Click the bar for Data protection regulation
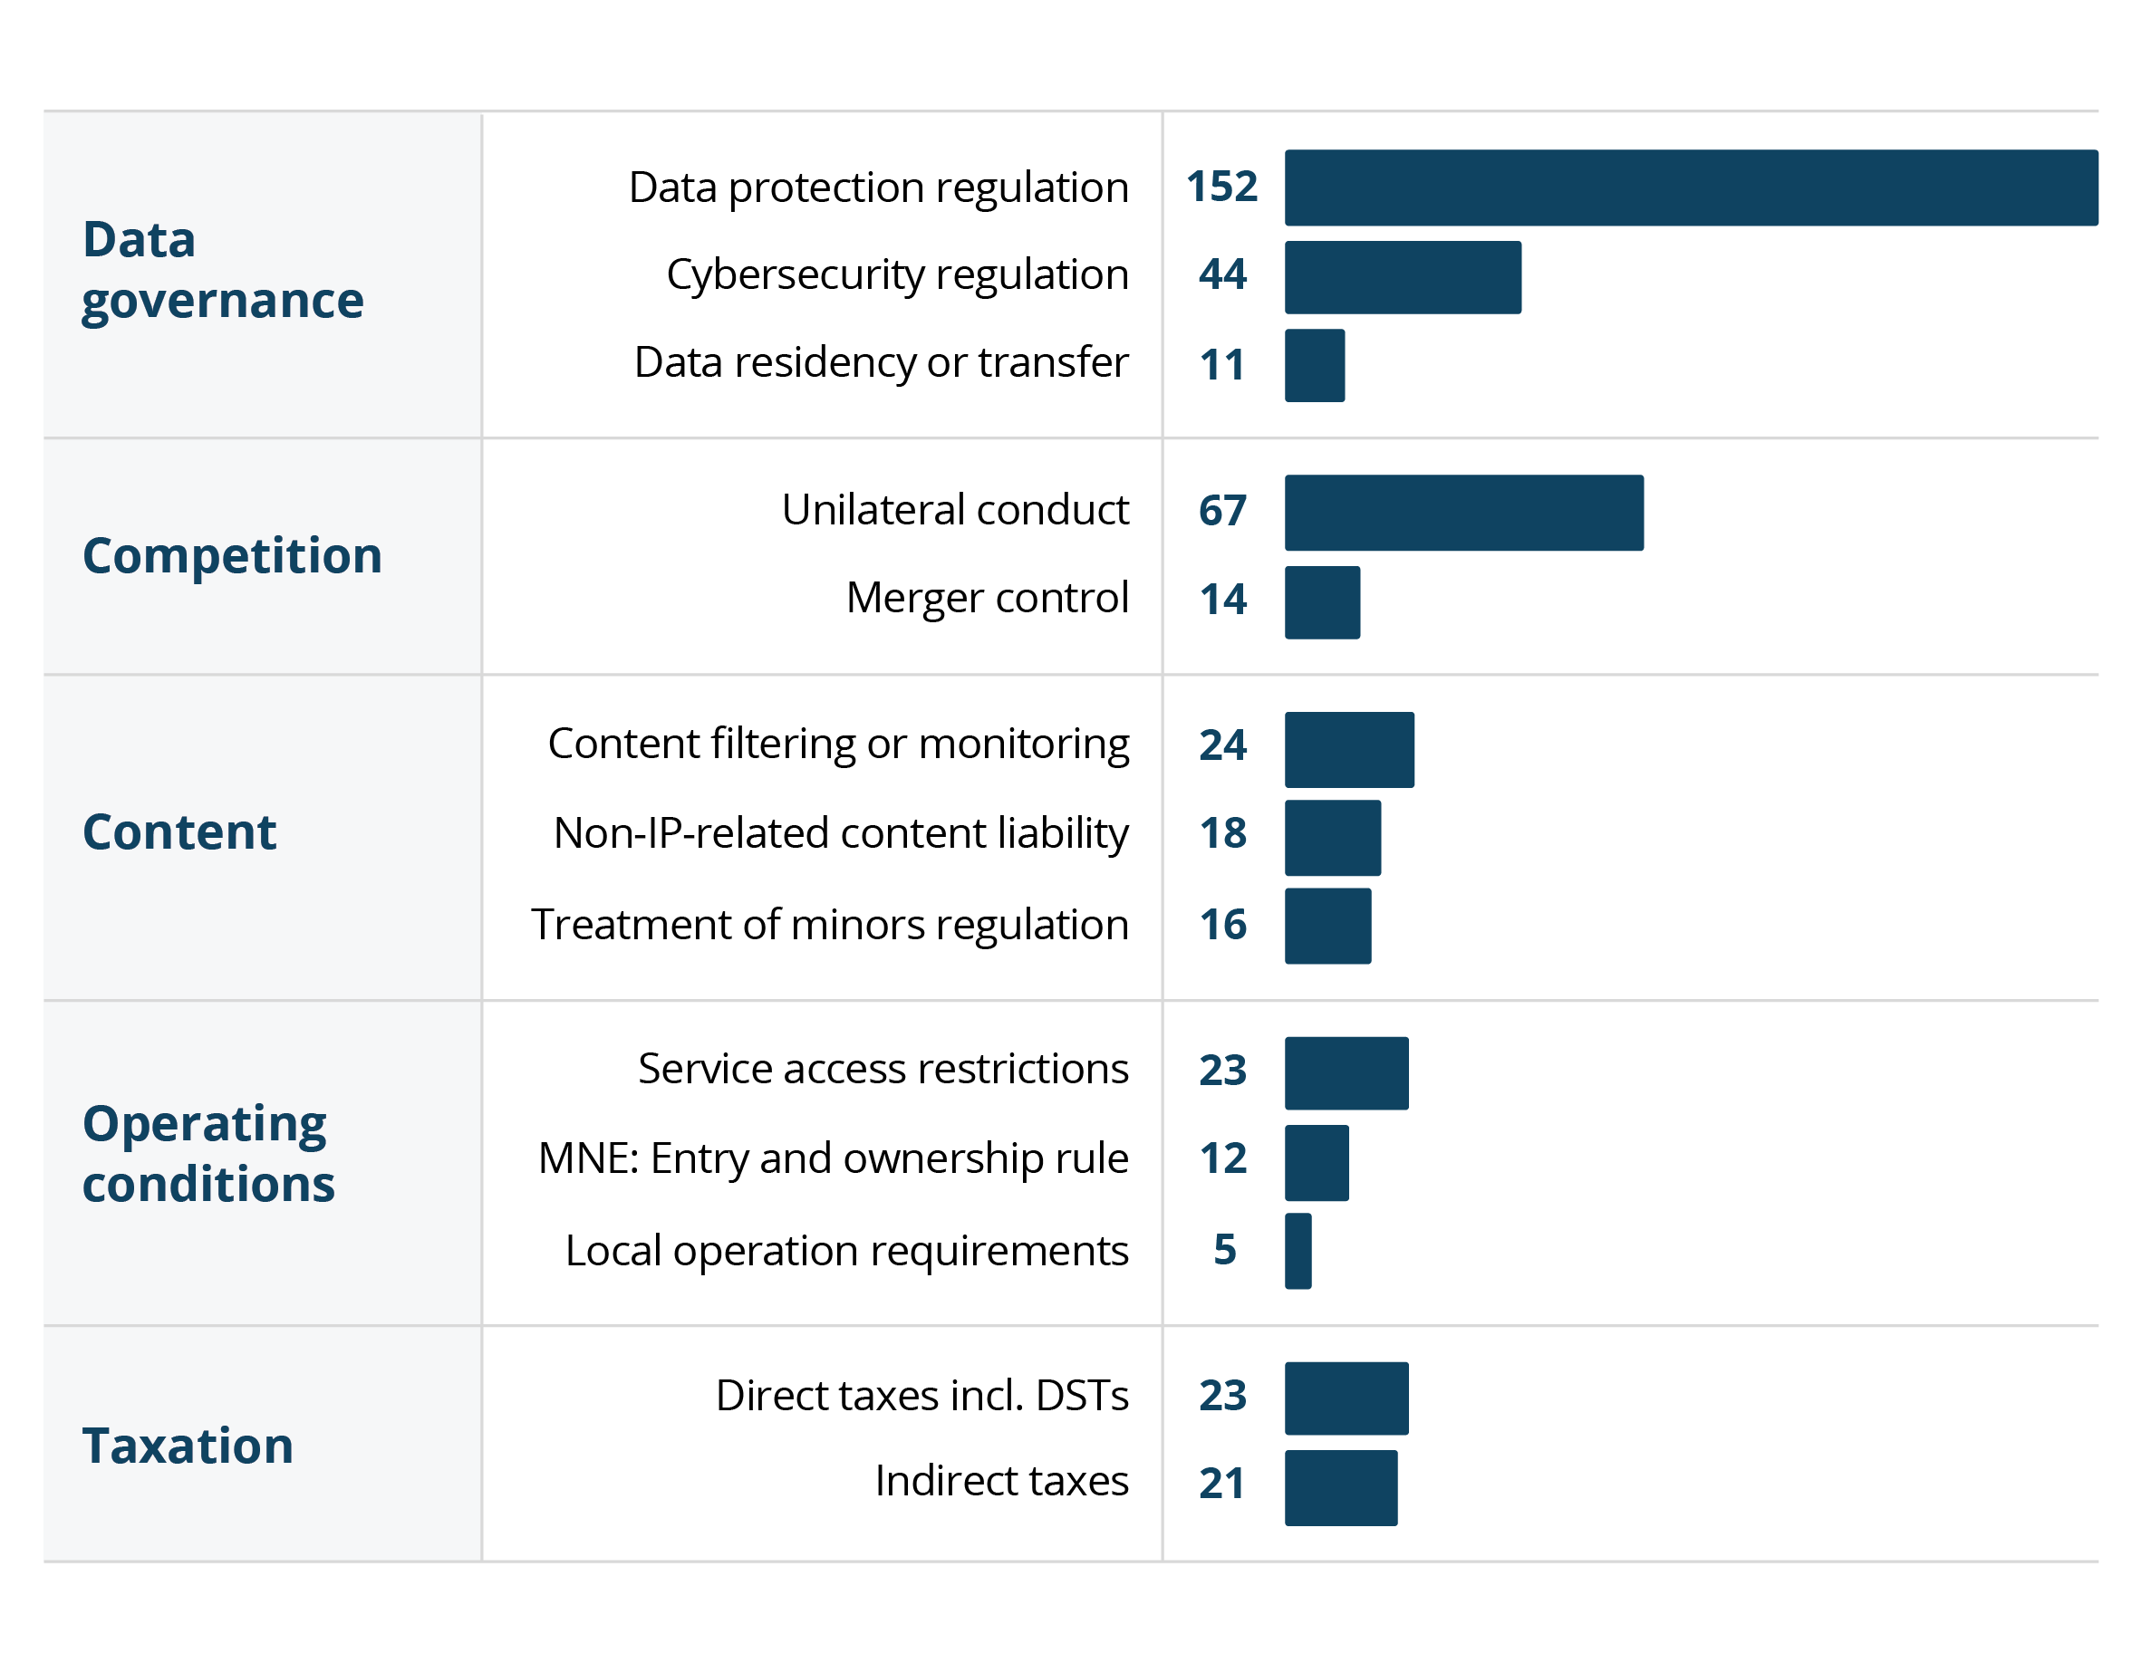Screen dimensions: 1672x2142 tap(1691, 187)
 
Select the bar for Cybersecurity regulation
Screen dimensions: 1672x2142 tap(1403, 277)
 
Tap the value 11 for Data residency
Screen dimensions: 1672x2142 tap(1222, 366)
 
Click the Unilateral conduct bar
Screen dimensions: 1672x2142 tap(1463, 513)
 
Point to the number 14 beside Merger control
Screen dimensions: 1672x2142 tap(1223, 600)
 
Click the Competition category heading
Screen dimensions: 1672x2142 tap(233, 556)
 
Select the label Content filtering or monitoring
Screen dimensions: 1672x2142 tap(838, 745)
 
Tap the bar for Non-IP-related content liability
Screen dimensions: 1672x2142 tap(1333, 838)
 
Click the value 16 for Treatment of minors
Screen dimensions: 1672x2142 tap(1223, 925)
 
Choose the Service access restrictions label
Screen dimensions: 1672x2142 tap(883, 1069)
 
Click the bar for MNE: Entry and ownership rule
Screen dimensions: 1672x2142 tap(1317, 1162)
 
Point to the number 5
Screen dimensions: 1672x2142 tap(1224, 1250)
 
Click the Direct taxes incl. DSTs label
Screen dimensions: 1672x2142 tap(921, 1396)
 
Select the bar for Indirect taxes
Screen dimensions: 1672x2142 tap(1341, 1487)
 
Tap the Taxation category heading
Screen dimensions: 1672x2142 tap(188, 1446)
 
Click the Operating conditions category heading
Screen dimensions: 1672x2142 tap(207, 1153)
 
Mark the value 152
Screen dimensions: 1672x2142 tap(1221, 187)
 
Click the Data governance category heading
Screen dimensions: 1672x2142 tap(223, 270)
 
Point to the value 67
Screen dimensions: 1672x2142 tap(1222, 511)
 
